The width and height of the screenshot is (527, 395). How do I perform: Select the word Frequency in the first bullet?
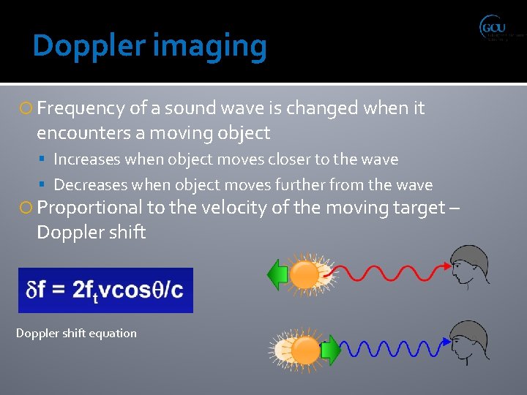(81, 109)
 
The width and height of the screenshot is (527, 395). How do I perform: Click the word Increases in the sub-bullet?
(87, 159)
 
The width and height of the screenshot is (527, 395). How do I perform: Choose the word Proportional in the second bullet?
(90, 208)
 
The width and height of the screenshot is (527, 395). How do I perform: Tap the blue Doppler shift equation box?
(105, 290)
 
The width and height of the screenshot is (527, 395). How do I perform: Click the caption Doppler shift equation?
(76, 333)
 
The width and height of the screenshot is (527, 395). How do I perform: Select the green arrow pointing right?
(332, 350)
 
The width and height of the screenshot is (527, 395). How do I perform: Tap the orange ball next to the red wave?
(304, 276)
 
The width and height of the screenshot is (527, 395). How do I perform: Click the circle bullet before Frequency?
(27, 109)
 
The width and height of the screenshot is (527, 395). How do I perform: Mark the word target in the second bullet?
(416, 208)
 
